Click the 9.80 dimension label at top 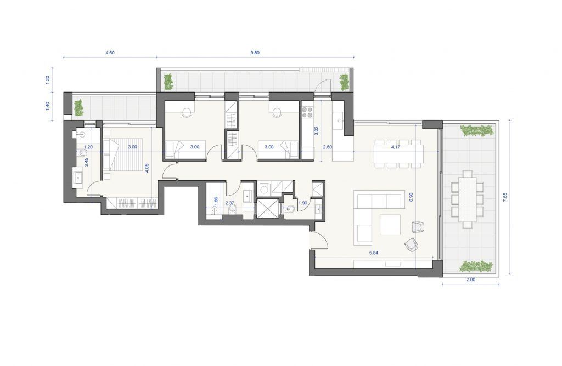(255, 53)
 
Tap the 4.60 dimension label (110, 53)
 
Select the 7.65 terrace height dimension (505, 197)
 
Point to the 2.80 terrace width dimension (470, 280)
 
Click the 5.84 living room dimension (374, 253)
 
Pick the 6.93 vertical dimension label (411, 198)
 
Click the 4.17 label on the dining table (396, 147)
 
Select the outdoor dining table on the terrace (467, 199)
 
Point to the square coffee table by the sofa (390, 225)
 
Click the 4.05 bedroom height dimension (146, 168)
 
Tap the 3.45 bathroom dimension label (86, 163)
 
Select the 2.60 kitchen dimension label (327, 147)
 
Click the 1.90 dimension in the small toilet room (303, 203)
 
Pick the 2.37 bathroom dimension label (229, 203)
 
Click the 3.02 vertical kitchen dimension (316, 130)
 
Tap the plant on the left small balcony (78, 108)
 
